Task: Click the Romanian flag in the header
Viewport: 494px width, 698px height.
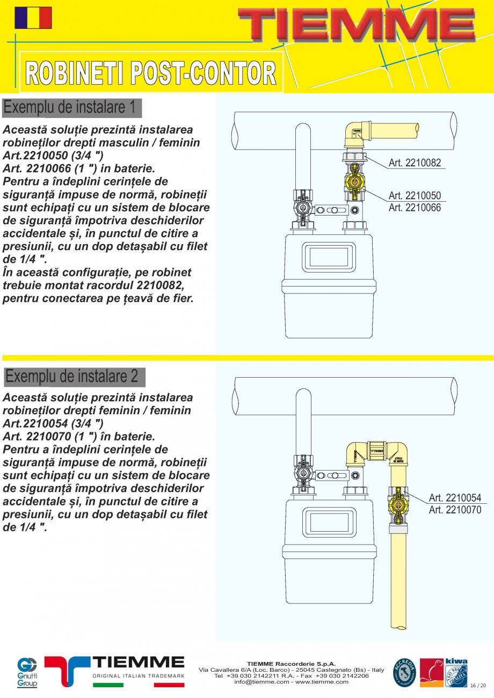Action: (33, 18)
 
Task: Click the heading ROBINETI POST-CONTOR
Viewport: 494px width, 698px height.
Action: (151, 73)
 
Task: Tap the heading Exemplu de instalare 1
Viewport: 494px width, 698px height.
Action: (70, 107)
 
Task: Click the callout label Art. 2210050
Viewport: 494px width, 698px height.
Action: (415, 196)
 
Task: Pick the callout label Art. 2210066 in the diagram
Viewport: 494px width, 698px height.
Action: (415, 207)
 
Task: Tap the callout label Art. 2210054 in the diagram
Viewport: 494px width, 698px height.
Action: (455, 498)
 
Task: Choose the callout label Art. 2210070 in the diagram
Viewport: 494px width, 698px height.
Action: (455, 510)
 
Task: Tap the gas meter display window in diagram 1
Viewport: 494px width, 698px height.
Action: (328, 257)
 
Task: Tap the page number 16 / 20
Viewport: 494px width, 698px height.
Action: (478, 686)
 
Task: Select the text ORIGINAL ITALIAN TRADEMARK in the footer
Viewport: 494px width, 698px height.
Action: (139, 676)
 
